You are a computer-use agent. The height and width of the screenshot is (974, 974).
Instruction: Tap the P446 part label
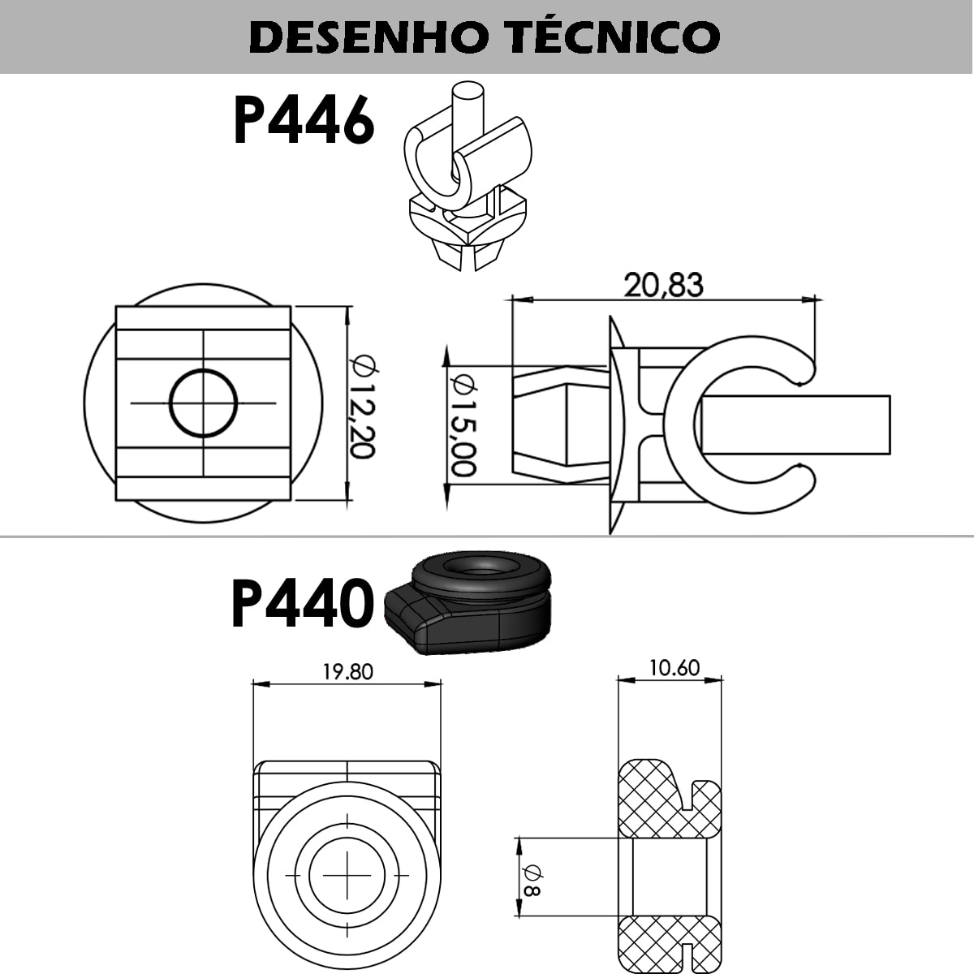[x=304, y=121]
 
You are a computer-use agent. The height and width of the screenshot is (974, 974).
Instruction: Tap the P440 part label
[x=302, y=604]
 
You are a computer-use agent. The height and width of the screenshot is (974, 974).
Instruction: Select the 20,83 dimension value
[x=663, y=285]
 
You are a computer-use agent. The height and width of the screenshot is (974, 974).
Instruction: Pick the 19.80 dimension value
[x=347, y=672]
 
